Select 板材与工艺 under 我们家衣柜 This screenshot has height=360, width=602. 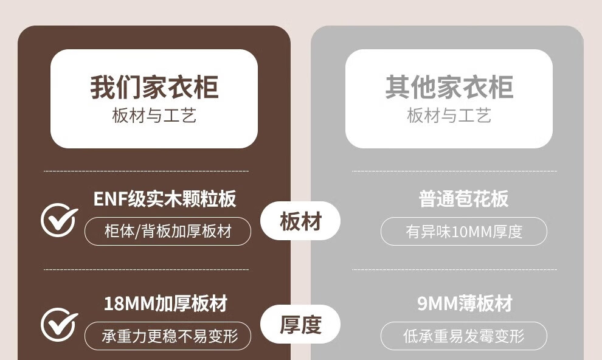point(154,116)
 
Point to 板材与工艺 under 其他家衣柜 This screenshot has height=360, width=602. point(449,116)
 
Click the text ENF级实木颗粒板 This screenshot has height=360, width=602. point(164,198)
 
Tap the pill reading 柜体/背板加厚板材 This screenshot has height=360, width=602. point(167,232)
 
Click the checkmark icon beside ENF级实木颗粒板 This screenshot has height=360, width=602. point(59,220)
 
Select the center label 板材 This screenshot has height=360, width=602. point(300,221)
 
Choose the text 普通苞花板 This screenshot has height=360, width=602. point(463,198)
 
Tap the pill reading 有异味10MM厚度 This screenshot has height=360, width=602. point(463,232)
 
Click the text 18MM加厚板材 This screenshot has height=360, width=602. point(165,303)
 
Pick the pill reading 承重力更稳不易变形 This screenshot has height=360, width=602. point(167,336)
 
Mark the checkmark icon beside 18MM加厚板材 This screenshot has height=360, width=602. point(59,325)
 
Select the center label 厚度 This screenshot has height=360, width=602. point(300,325)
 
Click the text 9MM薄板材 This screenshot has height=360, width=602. point(465,303)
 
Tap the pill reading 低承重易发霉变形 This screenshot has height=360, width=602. point(463,336)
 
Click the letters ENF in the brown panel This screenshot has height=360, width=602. point(108,198)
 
